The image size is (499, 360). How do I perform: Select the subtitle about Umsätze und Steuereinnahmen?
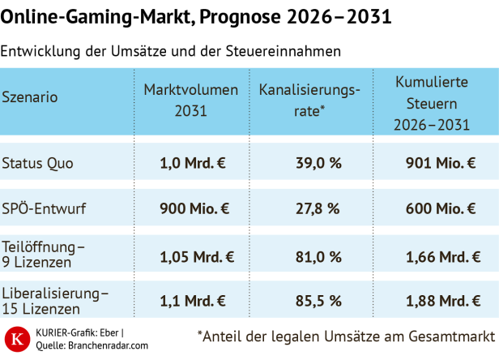point(171,51)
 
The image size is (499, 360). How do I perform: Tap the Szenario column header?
point(31,97)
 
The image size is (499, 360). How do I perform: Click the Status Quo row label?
point(37,162)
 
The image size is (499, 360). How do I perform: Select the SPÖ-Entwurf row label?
point(44,208)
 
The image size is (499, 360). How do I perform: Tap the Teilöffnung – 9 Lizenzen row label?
point(44,254)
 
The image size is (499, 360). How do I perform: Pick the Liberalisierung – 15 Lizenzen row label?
point(55,300)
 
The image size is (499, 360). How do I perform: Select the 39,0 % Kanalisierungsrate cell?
point(317,162)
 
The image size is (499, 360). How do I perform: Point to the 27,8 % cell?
point(317,208)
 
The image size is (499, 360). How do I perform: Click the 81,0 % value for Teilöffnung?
point(317,258)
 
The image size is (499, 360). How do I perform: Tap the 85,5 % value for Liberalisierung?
point(317,302)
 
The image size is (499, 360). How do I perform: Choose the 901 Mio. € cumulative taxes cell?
point(440,162)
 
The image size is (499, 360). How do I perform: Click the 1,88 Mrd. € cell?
point(440,302)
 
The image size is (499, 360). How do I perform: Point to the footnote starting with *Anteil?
point(346,336)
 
